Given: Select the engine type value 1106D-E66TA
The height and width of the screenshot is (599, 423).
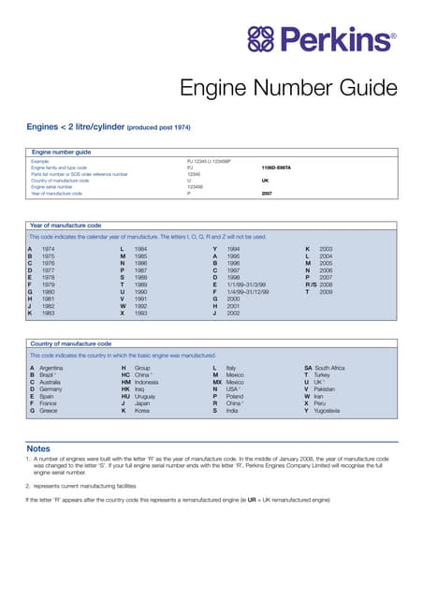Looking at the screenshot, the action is click(276, 168).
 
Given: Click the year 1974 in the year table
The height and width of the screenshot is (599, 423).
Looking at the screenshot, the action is click(48, 249).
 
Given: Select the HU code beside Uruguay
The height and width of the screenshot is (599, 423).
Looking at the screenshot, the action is click(124, 397).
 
